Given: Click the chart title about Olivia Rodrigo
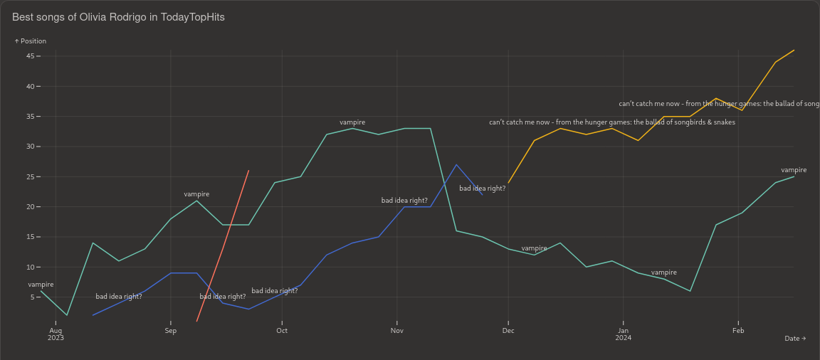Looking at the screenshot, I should coord(118,17).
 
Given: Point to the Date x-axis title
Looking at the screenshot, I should coord(794,339).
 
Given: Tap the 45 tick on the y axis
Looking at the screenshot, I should coord(31,56).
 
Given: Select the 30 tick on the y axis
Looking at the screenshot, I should coord(31,147).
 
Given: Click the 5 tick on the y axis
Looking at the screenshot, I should coord(33,297).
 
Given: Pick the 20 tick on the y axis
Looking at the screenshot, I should coord(31,207).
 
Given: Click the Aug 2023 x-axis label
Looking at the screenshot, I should coord(56,334).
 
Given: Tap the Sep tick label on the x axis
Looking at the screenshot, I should coord(170,331).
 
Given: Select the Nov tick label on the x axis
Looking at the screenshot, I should coord(397,331).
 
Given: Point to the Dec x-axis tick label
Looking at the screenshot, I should coord(508,331).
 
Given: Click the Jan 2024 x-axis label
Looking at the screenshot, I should coord(623,334).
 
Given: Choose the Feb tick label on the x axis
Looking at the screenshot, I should coord(738,331).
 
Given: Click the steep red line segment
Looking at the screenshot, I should coord(223,249).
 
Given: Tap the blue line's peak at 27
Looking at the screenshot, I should coord(457,165).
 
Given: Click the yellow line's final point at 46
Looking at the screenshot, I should coord(794,51).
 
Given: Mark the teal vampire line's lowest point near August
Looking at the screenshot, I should coord(67,315).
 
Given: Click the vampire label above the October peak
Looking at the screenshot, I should coord(352,122).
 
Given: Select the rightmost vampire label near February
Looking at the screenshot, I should coord(794,170).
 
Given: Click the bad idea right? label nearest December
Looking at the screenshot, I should coord(482,189).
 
